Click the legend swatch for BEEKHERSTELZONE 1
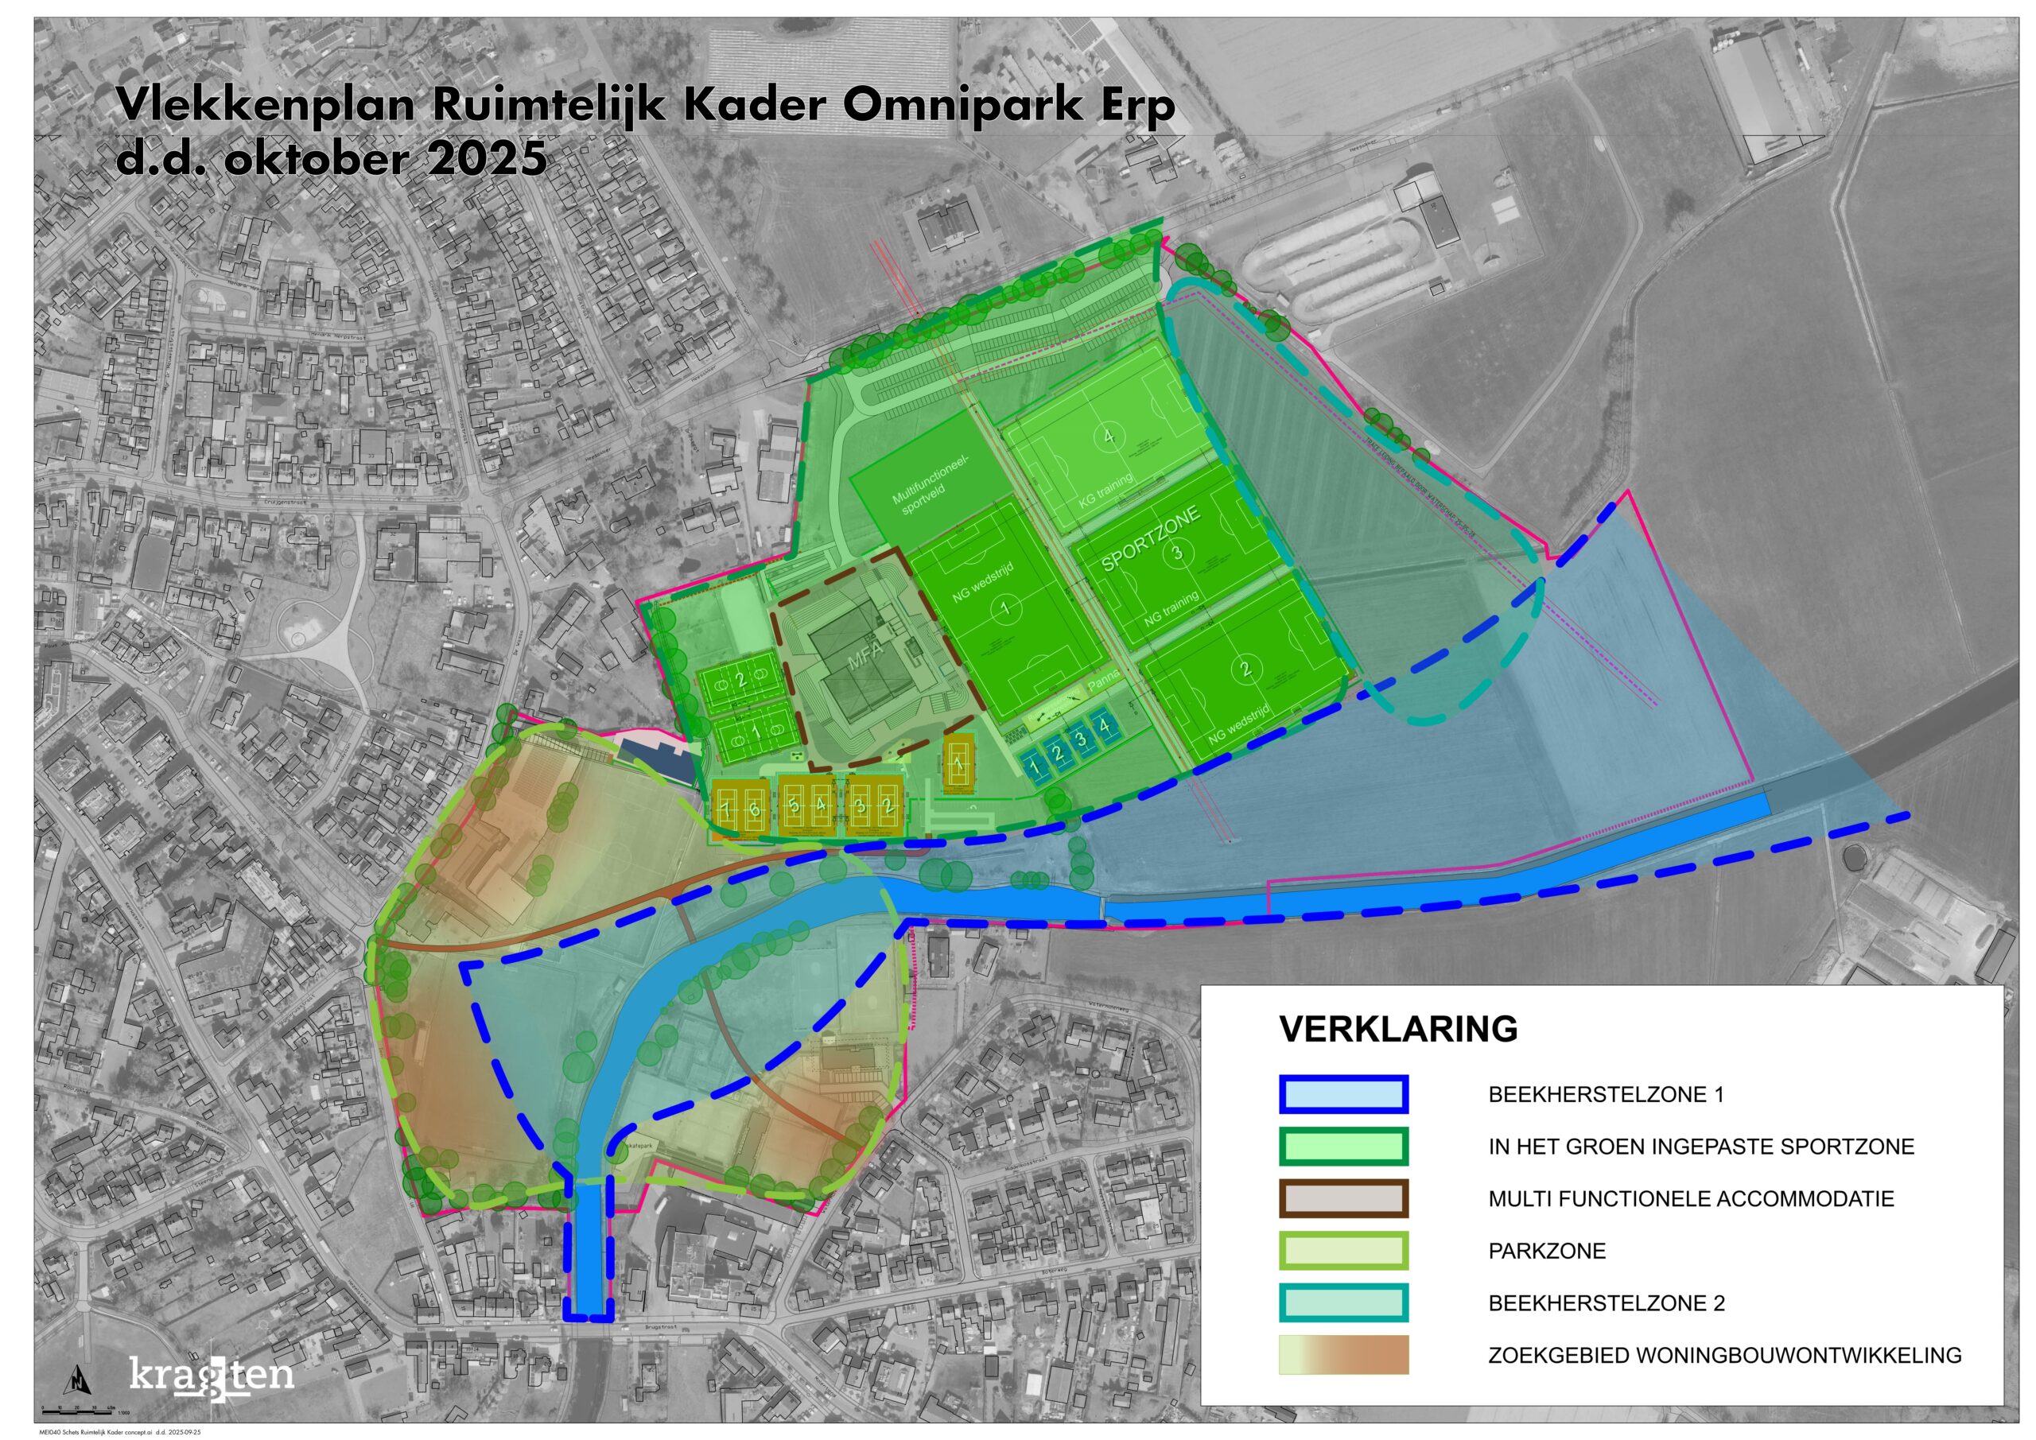1343,1094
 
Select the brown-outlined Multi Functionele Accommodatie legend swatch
1343,1199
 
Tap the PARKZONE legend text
1547,1251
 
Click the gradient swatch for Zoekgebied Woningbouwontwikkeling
1343,1355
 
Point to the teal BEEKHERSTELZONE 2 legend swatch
1343,1303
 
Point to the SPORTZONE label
1150,538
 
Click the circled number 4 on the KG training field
1109,436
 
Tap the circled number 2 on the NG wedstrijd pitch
1246,669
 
